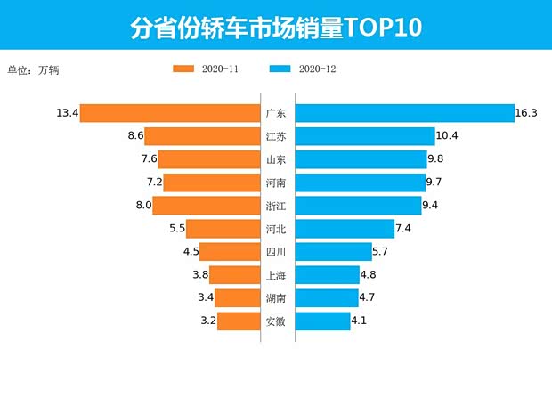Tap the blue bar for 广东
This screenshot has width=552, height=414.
(404, 113)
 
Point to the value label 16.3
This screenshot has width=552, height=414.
(526, 113)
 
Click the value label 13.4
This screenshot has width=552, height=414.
(67, 113)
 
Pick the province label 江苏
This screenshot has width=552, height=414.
(276, 136)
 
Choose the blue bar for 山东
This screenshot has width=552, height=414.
(361, 159)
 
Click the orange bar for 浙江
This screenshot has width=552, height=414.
(207, 206)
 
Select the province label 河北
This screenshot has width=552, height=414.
(276, 229)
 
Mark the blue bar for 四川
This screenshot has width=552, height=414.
(333, 252)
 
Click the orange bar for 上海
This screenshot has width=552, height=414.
(234, 275)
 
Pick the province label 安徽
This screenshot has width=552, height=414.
(276, 321)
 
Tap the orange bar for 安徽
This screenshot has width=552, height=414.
(239, 321)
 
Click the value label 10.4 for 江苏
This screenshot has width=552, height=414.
(447, 136)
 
